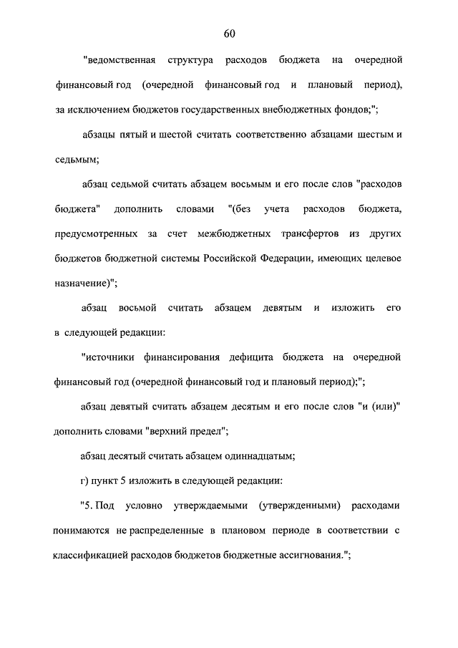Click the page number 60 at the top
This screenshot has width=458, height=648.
tap(229, 33)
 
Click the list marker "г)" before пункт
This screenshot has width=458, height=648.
tap(87, 479)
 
